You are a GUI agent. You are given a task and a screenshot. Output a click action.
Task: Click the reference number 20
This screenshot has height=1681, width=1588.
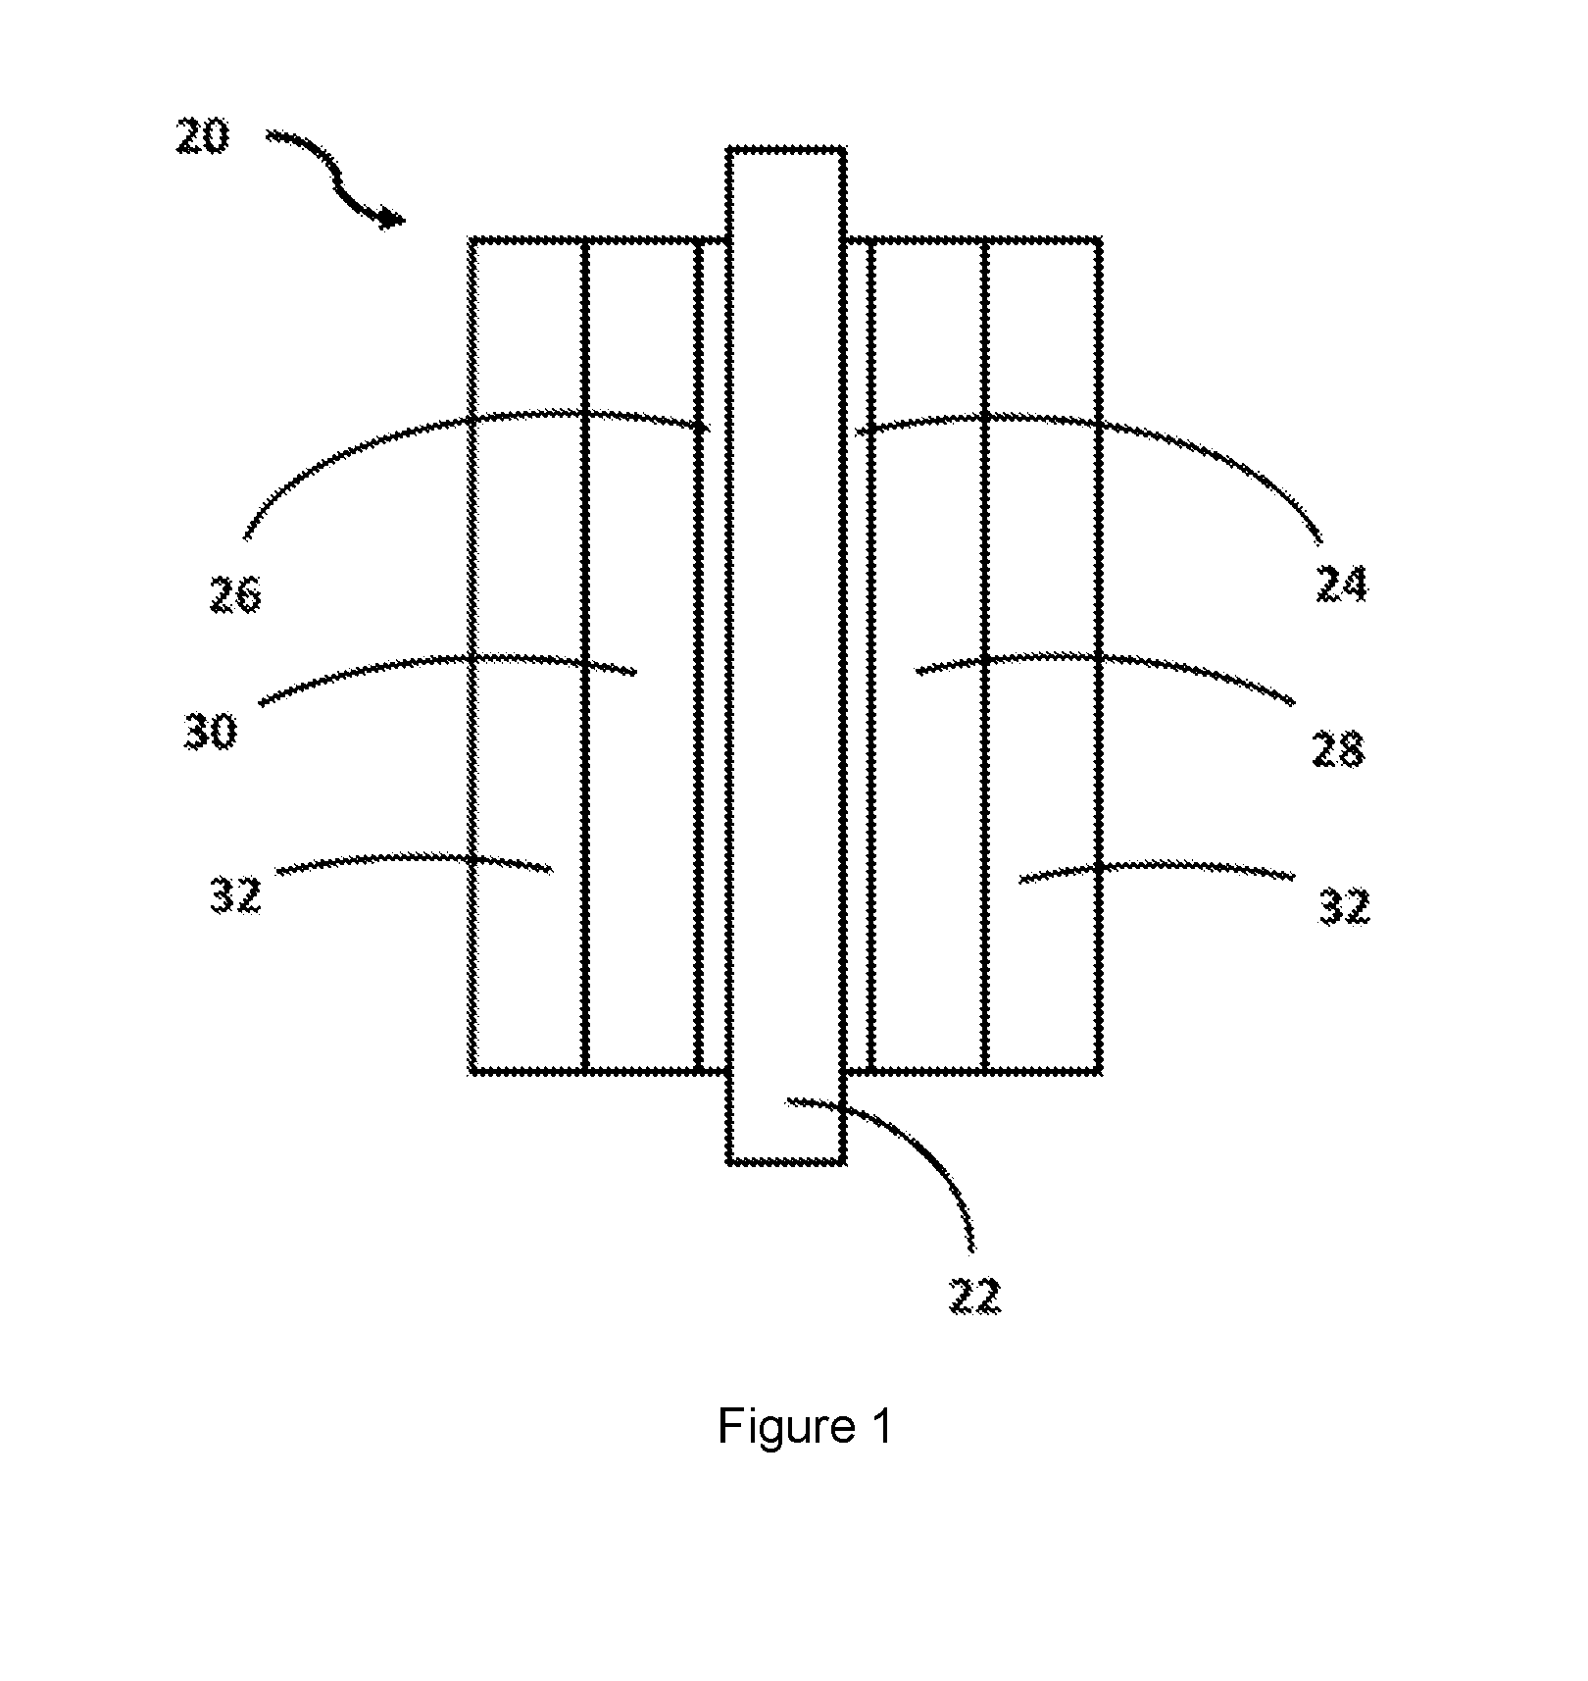203,136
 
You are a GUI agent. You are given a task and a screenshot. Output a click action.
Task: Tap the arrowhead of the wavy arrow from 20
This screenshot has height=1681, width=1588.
392,219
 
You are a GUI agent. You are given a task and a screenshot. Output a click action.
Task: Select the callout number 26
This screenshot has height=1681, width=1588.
235,594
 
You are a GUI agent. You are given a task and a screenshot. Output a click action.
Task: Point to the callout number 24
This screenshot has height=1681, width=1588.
1340,584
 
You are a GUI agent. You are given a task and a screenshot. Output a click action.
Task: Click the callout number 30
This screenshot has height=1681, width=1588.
211,732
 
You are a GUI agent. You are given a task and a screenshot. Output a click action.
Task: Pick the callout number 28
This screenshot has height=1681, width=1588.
1338,750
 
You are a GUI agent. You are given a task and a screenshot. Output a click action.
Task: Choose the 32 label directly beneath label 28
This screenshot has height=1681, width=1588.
1342,907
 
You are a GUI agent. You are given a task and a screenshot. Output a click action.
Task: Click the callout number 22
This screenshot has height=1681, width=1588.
975,1297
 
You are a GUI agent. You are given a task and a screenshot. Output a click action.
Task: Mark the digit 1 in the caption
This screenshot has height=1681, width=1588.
879,1427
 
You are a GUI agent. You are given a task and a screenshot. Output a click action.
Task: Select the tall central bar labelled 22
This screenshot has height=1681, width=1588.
786,656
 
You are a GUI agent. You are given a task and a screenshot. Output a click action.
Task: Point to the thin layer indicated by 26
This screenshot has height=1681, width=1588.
713,656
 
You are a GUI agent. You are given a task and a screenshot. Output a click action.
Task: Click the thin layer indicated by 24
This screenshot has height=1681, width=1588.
858,656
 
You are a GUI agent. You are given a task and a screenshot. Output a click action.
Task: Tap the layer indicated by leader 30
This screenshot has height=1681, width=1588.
643,656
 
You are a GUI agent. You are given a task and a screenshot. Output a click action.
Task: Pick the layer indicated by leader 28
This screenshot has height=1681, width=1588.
927,656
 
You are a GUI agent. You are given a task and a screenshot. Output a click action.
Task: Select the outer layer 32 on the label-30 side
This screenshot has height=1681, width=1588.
527,656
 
